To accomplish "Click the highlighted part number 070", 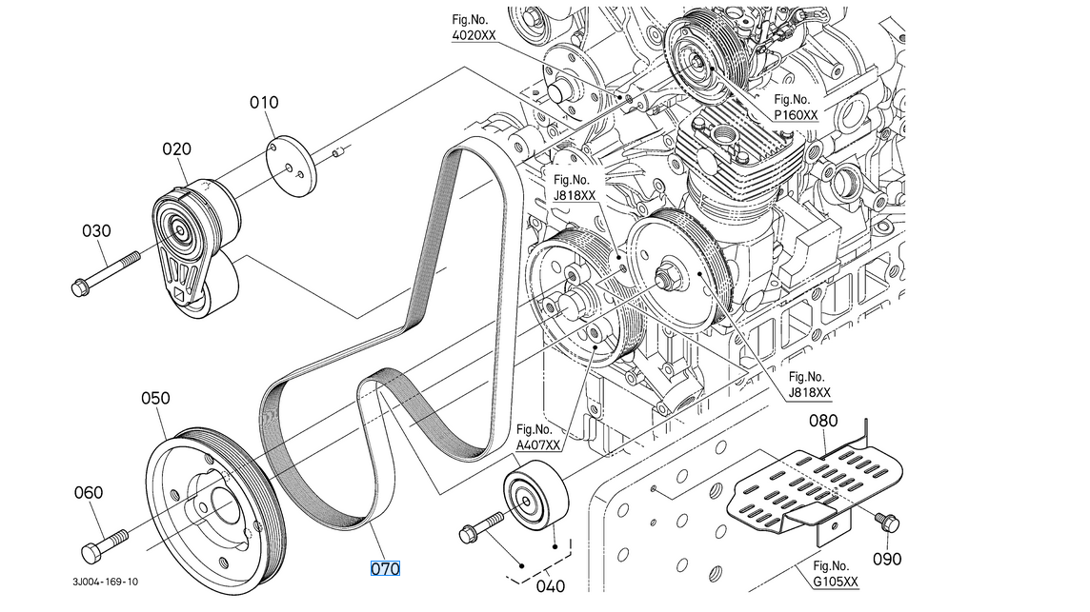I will (385, 569).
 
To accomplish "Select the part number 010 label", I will (264, 102).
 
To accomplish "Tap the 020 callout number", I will (176, 148).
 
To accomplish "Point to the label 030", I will (96, 230).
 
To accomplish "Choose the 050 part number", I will (155, 398).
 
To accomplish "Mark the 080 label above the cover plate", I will (824, 420).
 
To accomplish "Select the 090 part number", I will (887, 560).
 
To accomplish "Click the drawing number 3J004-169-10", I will (104, 582).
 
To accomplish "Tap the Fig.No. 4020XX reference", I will (474, 27).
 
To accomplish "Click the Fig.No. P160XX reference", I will (795, 107).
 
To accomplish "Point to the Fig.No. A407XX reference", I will (538, 436).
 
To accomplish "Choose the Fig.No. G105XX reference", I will (836, 574).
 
